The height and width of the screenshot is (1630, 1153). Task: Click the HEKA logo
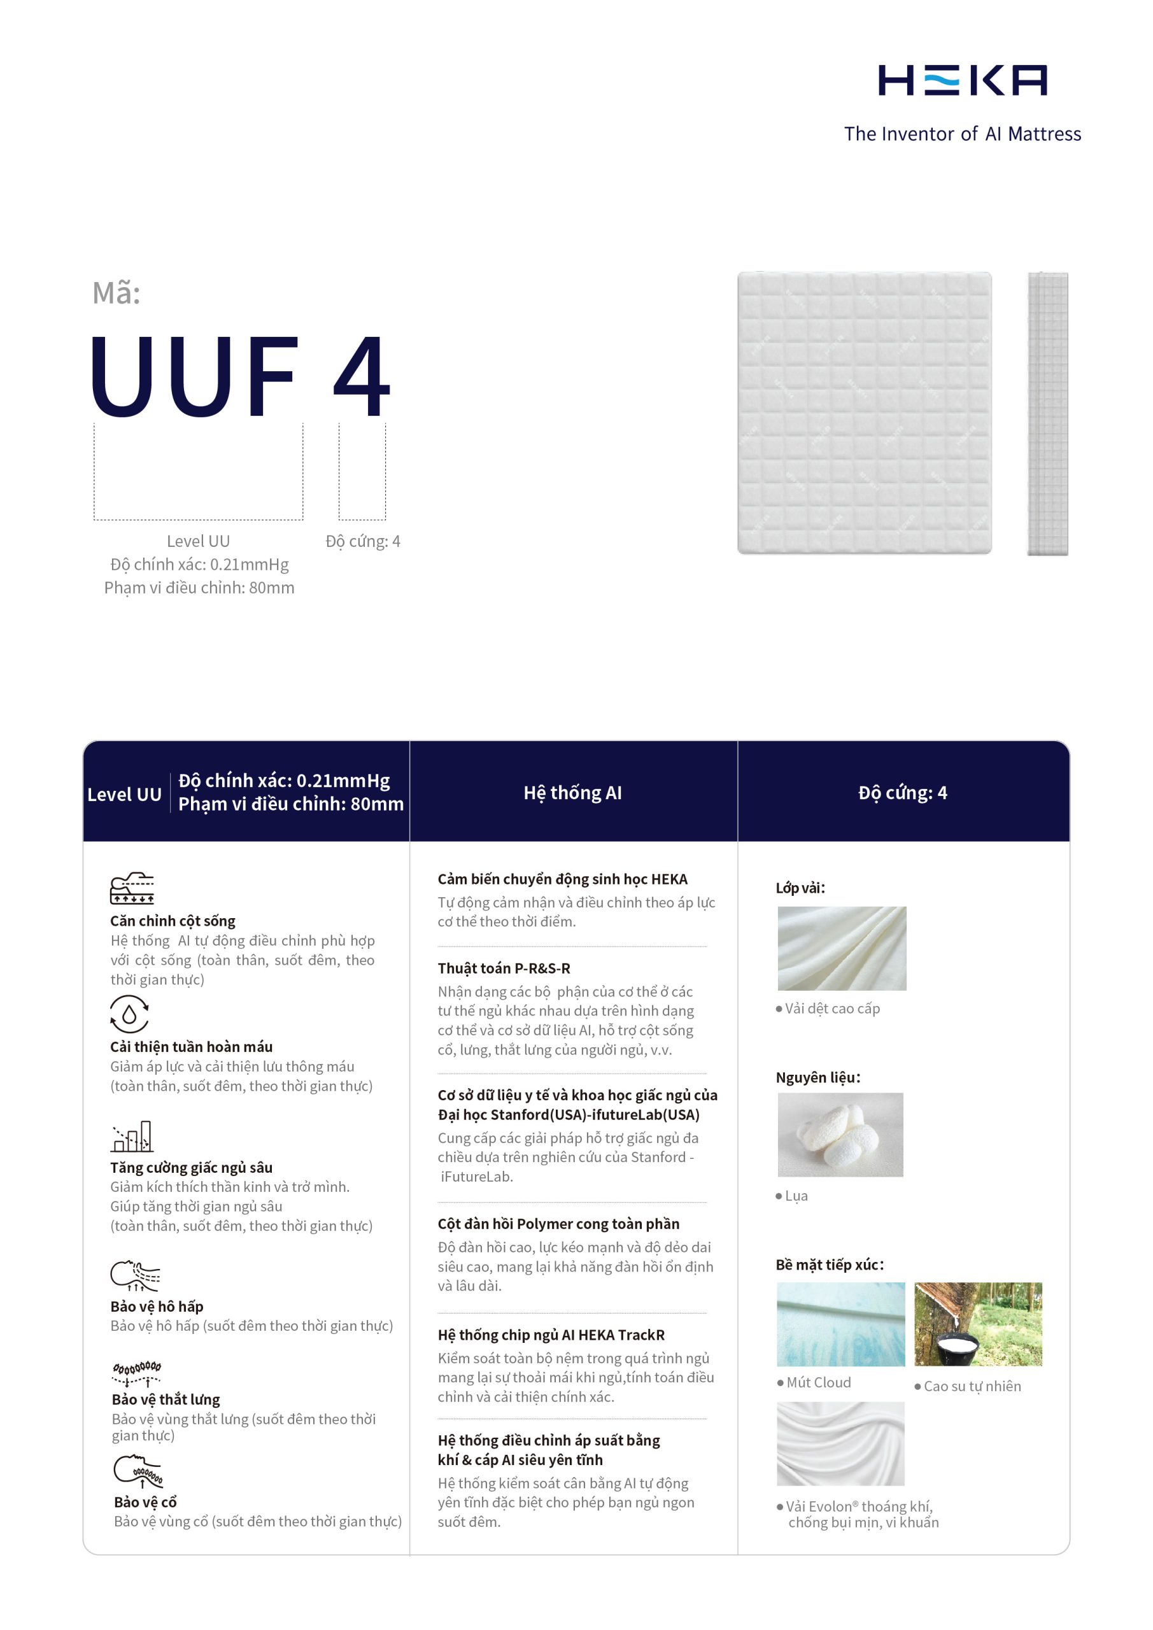click(962, 80)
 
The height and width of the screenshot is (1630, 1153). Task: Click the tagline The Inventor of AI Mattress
click(962, 134)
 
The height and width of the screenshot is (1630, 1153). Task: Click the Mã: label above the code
click(117, 293)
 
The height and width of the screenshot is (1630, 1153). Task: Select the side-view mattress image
click(1047, 413)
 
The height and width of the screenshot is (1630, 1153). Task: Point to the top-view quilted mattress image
click(864, 413)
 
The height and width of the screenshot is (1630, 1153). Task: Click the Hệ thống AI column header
click(572, 793)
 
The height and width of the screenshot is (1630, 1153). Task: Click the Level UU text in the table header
click(124, 795)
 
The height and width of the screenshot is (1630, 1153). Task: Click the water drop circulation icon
click(129, 1014)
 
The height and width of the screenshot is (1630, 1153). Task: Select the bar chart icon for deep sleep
click(132, 1137)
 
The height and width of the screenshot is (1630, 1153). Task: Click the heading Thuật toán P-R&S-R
click(504, 968)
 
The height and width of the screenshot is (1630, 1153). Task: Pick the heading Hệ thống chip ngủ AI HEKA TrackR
click(551, 1335)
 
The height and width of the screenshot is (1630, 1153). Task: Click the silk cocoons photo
click(840, 1135)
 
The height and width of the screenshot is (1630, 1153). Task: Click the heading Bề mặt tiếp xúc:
click(829, 1265)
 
